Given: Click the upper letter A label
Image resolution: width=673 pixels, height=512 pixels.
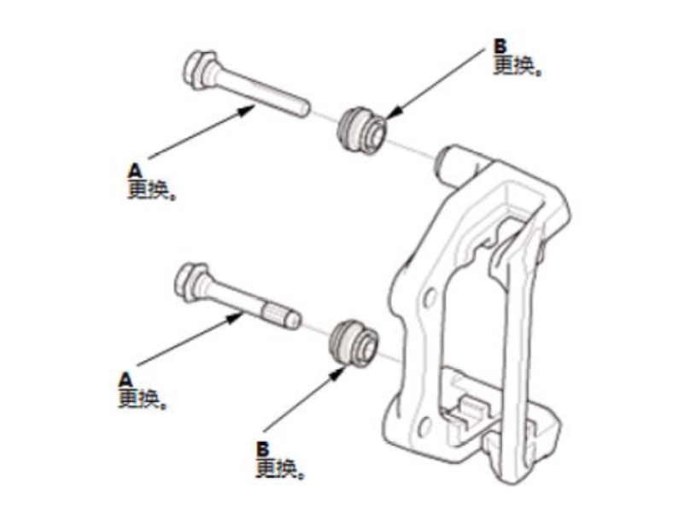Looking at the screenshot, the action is click(x=135, y=171).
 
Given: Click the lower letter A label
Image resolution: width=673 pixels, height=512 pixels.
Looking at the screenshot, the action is click(x=125, y=380).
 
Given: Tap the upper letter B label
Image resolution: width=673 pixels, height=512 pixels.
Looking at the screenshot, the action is click(x=500, y=46).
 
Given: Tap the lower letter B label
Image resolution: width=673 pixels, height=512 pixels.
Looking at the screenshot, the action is click(x=262, y=450).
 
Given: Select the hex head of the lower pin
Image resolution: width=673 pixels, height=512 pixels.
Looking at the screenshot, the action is click(x=190, y=282).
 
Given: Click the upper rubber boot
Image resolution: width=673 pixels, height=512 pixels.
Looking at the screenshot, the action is click(x=361, y=129).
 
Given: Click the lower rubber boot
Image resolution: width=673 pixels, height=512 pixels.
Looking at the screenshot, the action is click(x=353, y=343).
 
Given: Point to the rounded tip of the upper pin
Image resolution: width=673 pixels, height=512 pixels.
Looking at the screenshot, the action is click(x=302, y=108).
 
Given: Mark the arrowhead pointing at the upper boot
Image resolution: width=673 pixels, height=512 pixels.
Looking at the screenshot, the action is click(x=393, y=112).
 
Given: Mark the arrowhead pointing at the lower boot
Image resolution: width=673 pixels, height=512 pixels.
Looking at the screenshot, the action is click(x=337, y=373).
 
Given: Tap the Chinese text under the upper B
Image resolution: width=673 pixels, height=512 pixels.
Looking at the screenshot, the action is click(x=518, y=66).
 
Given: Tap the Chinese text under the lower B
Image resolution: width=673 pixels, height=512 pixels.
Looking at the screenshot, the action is click(x=280, y=468).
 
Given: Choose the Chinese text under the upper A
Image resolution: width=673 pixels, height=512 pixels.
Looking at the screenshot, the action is click(x=152, y=190).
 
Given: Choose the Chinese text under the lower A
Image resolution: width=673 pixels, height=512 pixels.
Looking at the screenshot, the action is click(x=142, y=399).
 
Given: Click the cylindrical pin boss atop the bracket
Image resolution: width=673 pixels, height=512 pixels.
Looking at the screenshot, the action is click(x=455, y=164).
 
